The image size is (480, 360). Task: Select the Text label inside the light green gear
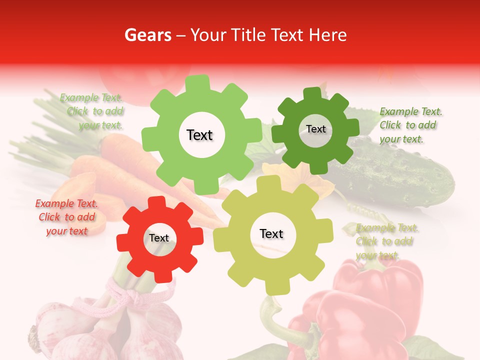[199, 135]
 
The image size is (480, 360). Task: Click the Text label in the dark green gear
[315, 129]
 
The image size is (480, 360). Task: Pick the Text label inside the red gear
[159, 238]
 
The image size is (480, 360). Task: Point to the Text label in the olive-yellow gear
[271, 234]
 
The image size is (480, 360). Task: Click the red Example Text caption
[66, 217]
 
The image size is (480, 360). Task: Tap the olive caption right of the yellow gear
[387, 241]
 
